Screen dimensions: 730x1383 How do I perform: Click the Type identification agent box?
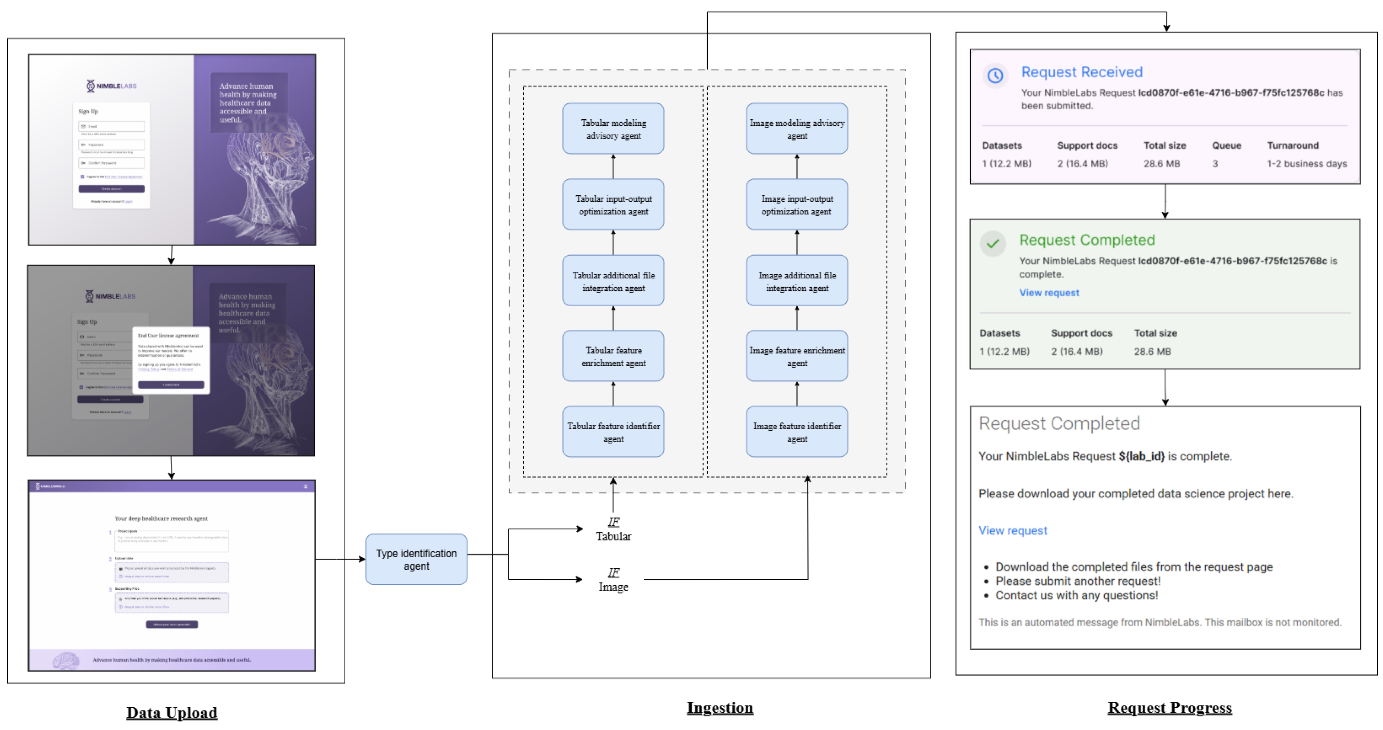tap(416, 559)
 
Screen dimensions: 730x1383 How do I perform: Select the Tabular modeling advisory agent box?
tap(613, 129)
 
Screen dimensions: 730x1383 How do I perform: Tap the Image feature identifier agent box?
tap(797, 432)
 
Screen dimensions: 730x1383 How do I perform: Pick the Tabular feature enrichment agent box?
tap(613, 356)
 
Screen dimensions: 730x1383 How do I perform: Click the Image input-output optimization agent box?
tap(797, 205)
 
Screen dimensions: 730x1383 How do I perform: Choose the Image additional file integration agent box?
tap(797, 281)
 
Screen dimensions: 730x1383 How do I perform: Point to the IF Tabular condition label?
tap(613, 529)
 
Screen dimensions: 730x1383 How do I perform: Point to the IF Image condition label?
tap(613, 580)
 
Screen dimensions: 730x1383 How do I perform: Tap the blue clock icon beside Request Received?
tap(995, 75)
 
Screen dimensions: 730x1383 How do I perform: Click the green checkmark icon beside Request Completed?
tap(993, 243)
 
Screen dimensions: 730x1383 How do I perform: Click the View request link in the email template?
tap(1012, 530)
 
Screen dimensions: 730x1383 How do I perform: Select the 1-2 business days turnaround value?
tap(1306, 164)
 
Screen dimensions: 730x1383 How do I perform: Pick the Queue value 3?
tap(1215, 164)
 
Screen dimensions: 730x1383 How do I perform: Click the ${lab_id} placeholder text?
tap(1142, 456)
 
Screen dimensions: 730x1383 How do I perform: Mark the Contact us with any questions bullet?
tap(1076, 595)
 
